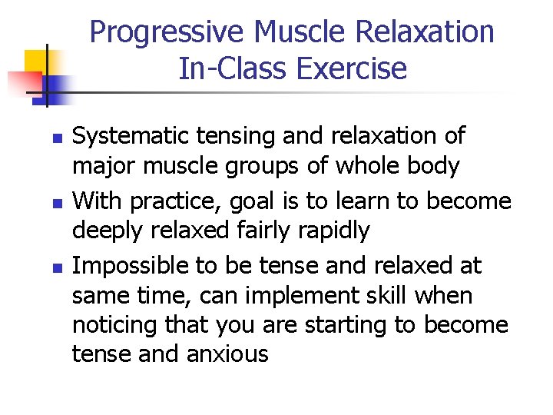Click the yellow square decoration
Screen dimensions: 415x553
pyautogui.click(x=35, y=61)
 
